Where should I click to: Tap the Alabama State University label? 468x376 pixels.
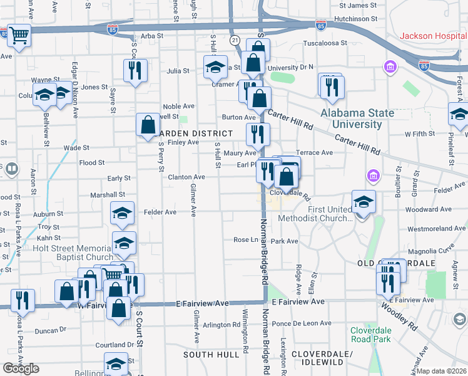click(x=357, y=118)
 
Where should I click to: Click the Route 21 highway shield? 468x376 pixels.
click(x=234, y=39)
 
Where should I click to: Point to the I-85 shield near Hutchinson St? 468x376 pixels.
click(x=321, y=25)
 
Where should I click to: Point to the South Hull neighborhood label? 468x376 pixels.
click(x=211, y=355)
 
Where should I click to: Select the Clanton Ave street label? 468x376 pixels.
click(x=186, y=177)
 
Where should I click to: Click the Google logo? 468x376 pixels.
click(x=21, y=369)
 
